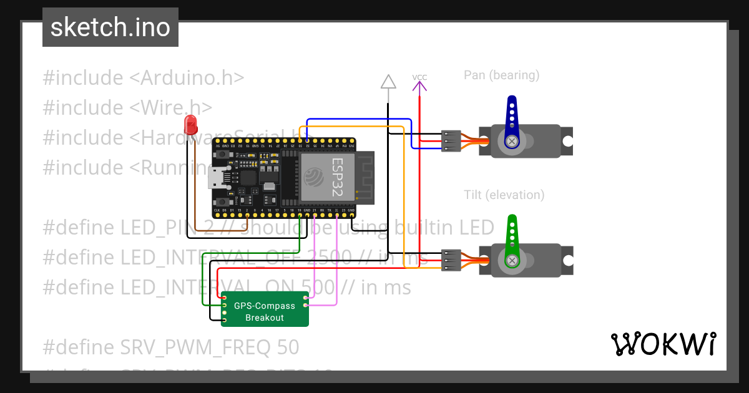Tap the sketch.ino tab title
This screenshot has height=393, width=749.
(x=110, y=27)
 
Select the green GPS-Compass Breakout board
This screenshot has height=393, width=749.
(x=265, y=309)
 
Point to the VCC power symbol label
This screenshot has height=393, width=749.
(x=419, y=77)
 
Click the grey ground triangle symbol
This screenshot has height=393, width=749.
(x=388, y=82)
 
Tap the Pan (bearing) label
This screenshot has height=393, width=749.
(x=501, y=75)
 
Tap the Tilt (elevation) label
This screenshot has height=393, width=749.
(x=504, y=195)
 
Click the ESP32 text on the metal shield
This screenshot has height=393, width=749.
(x=337, y=178)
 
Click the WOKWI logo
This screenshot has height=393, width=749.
(x=663, y=344)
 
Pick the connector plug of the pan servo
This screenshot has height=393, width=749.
(x=451, y=141)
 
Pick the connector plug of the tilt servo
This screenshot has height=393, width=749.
(x=451, y=260)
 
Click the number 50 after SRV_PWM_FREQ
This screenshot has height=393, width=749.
(x=286, y=347)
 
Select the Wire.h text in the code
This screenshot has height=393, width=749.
(x=171, y=108)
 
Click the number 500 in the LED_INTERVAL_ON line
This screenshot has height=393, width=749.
(x=318, y=287)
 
